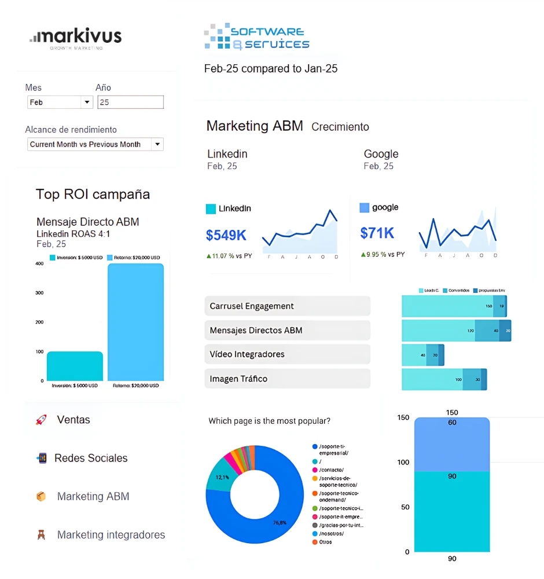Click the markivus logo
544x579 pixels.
pyautogui.click(x=76, y=38)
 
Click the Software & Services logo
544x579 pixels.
pyautogui.click(x=257, y=37)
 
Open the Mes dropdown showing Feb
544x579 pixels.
pyautogui.click(x=60, y=102)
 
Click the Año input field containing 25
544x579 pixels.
pyautogui.click(x=130, y=102)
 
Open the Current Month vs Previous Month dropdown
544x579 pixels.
pyautogui.click(x=95, y=144)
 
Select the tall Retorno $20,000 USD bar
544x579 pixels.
pyautogui.click(x=135, y=321)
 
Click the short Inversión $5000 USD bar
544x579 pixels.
pyautogui.click(x=75, y=366)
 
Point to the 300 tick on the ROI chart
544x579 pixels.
pyautogui.click(x=39, y=293)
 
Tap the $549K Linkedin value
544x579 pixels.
pyautogui.click(x=226, y=235)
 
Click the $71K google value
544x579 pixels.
pyautogui.click(x=377, y=233)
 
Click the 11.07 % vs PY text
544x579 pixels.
pyautogui.click(x=229, y=255)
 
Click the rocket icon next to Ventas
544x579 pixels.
pyautogui.click(x=41, y=420)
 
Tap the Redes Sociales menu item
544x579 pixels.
pyautogui.click(x=91, y=458)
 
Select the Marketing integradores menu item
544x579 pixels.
pyautogui.click(x=111, y=535)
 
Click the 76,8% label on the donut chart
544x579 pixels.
pyautogui.click(x=280, y=522)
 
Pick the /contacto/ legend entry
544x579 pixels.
pyautogui.click(x=331, y=470)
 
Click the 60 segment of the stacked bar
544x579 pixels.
pyautogui.click(x=452, y=443)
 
